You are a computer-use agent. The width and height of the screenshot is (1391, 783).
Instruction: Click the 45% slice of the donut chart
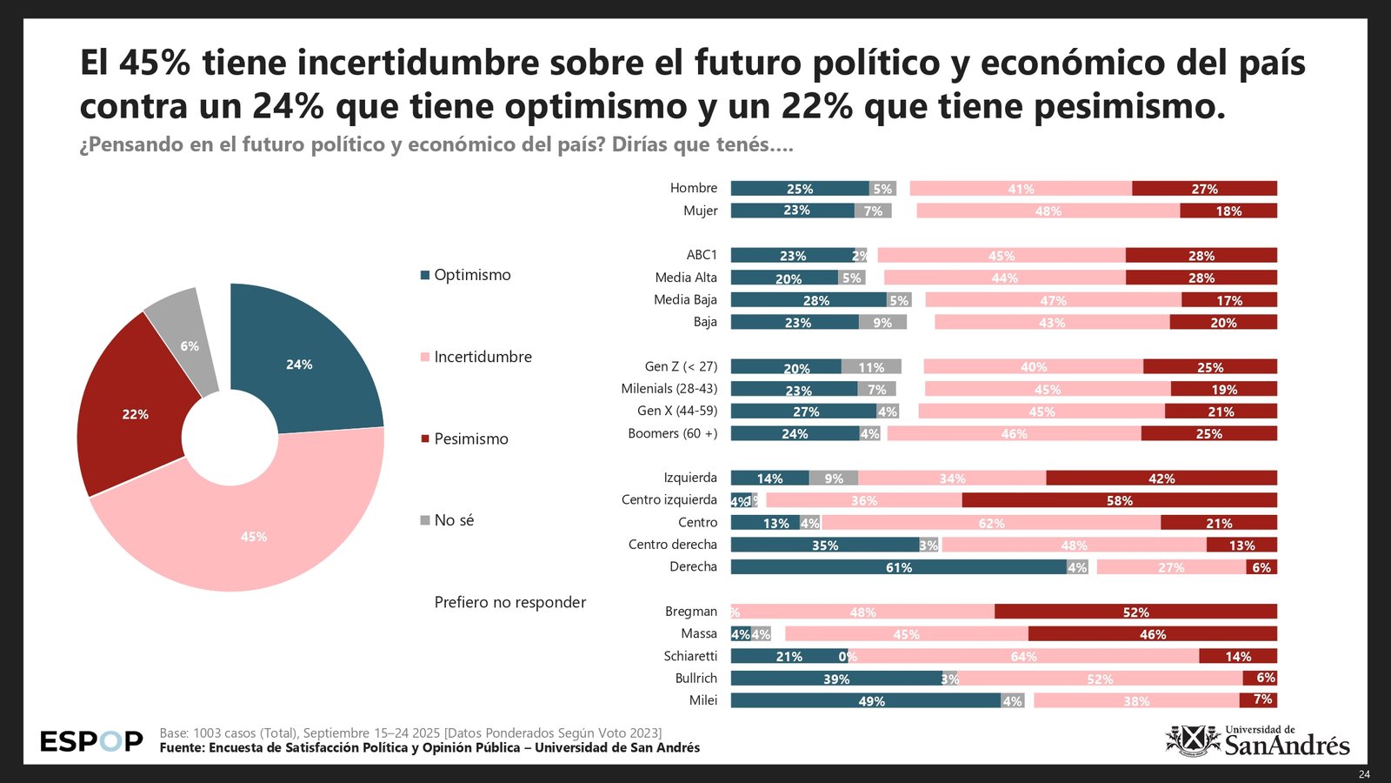[254, 536]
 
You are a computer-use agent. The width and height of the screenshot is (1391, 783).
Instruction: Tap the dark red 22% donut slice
[135, 414]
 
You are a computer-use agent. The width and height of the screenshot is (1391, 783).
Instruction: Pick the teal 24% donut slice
[299, 365]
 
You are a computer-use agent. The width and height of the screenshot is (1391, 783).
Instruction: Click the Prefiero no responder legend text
[510, 602]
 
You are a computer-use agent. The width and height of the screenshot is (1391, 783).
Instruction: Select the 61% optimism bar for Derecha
[898, 567]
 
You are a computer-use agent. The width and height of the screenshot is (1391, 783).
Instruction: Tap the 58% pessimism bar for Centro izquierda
[1119, 500]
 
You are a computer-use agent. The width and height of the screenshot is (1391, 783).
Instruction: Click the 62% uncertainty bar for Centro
[991, 523]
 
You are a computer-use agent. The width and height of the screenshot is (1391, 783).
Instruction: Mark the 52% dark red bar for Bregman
[1135, 612]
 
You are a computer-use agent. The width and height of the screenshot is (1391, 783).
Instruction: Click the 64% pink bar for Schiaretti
[1023, 656]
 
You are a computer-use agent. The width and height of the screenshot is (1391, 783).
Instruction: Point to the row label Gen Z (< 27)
[681, 366]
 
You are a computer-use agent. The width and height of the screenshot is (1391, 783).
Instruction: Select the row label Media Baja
[685, 299]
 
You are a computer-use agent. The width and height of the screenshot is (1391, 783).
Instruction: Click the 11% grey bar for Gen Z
[871, 367]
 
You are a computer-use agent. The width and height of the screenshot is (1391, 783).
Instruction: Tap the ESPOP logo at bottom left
[91, 741]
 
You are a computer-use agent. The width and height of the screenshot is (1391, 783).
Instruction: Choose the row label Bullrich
[695, 678]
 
